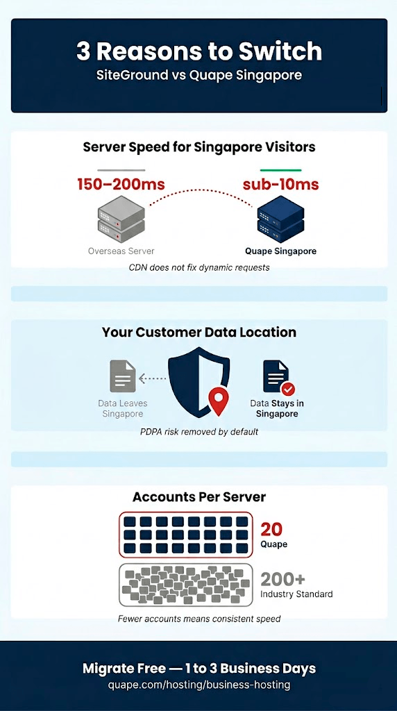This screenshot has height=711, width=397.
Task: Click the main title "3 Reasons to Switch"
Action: point(199,51)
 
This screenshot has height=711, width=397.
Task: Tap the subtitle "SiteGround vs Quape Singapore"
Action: point(199,75)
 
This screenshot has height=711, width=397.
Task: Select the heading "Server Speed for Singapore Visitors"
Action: point(199,147)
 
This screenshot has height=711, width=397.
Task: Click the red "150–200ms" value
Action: point(121,185)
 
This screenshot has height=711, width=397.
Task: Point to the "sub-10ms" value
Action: point(280,185)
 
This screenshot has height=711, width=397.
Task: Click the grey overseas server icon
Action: point(121,219)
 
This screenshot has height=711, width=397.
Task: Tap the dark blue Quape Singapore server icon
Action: point(280,219)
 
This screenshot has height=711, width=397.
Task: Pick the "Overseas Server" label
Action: point(121,251)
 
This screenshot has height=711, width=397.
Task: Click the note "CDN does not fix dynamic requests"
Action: point(199,267)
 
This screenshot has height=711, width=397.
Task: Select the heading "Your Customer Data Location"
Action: point(199,332)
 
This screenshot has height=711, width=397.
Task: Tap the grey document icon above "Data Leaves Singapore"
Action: point(123,376)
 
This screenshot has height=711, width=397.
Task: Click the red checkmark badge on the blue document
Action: point(288,389)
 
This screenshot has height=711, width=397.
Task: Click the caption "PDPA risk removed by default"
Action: point(199,432)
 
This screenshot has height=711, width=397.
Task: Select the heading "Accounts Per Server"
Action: point(199,496)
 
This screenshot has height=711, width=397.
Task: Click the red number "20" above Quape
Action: point(271,529)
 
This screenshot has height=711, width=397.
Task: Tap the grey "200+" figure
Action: point(282,579)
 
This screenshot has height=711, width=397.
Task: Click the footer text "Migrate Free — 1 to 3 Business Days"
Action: point(199,669)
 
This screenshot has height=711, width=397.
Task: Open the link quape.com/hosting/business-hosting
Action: point(199,684)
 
